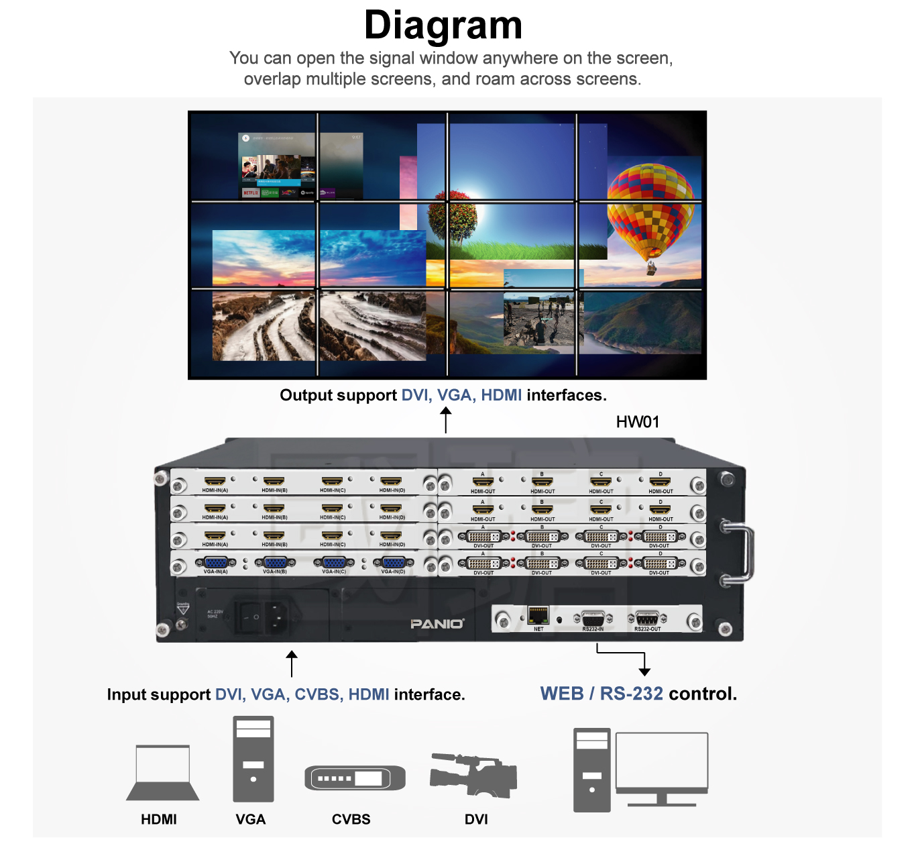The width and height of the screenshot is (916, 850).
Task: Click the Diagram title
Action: point(443,25)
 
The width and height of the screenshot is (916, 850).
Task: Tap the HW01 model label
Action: point(637,422)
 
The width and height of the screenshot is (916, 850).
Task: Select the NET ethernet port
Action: point(538,615)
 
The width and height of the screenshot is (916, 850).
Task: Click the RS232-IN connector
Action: point(593,619)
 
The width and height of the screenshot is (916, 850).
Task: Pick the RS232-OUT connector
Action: point(647,619)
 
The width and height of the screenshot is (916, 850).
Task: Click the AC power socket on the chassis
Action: point(276,617)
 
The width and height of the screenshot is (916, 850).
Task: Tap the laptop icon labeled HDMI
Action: point(162,773)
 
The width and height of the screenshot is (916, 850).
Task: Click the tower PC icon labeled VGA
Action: point(253,759)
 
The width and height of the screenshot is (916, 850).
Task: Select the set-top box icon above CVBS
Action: point(355,778)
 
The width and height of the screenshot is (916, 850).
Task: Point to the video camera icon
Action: point(473,776)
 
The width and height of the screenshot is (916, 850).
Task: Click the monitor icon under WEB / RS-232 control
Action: point(662,767)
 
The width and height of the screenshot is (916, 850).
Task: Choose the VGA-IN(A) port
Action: point(215,564)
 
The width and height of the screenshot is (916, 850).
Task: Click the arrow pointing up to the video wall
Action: point(445,420)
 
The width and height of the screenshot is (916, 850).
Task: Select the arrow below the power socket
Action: point(292,663)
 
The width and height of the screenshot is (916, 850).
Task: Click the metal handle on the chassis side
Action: point(740,552)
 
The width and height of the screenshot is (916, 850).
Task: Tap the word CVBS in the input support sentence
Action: point(317,694)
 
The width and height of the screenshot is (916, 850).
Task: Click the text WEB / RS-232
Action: point(602,694)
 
